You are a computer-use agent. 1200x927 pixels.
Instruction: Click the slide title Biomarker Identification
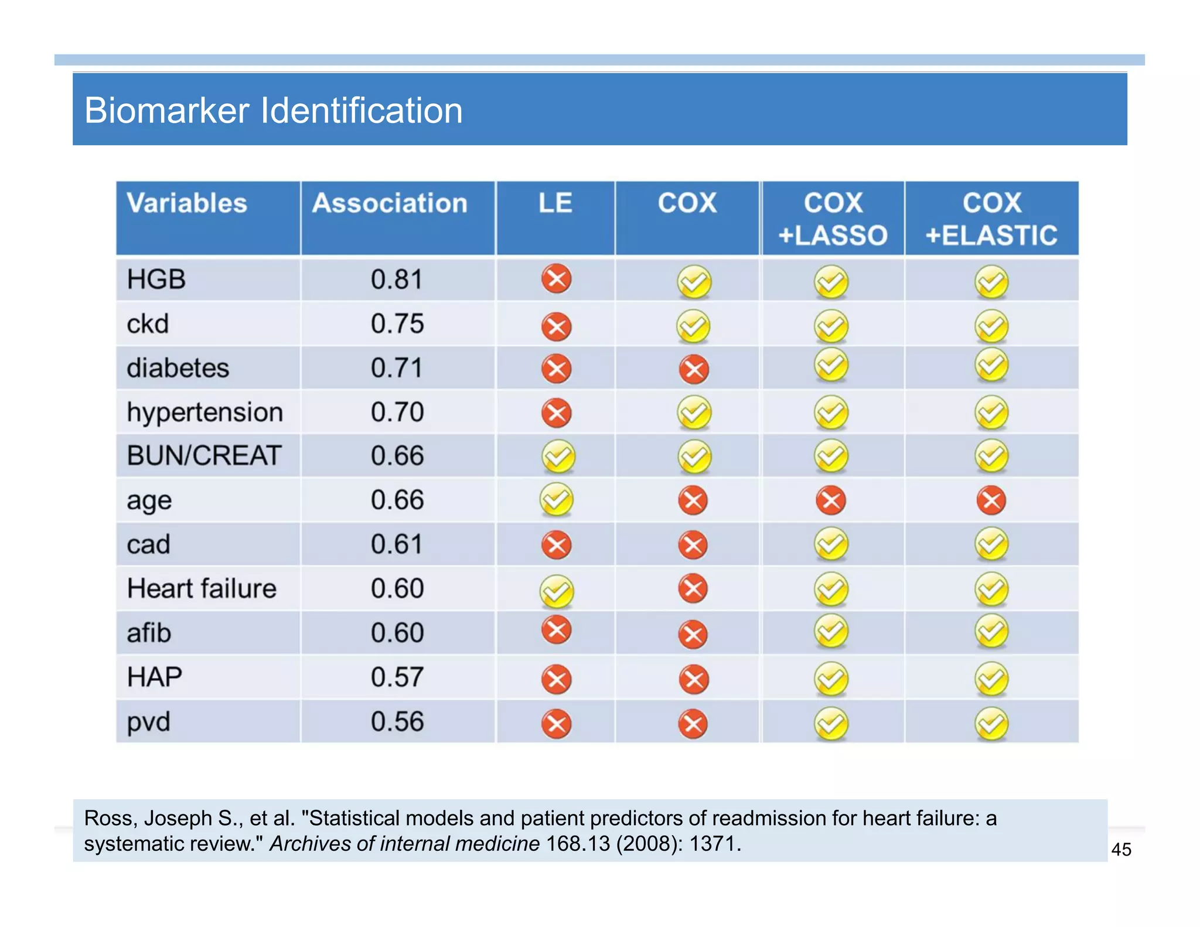[x=273, y=110]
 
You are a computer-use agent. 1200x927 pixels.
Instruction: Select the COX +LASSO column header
[x=832, y=219]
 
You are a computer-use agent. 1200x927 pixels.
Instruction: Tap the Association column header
[x=390, y=203]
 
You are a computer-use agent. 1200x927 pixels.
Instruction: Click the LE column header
[x=555, y=203]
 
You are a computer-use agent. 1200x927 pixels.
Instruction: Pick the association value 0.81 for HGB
[x=397, y=280]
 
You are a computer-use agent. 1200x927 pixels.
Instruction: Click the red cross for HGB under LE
[x=556, y=278]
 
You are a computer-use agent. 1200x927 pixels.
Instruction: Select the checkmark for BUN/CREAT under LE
[x=558, y=456]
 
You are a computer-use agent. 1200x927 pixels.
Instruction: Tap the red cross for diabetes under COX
[x=694, y=370]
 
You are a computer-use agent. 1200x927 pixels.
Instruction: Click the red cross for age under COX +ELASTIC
[x=991, y=500]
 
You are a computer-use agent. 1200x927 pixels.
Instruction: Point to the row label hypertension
[x=204, y=413]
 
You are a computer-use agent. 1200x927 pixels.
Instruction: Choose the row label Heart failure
[x=201, y=588]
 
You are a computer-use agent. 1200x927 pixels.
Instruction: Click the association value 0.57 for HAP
[x=397, y=677]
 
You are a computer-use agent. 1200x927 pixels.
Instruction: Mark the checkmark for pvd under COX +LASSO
[x=831, y=724]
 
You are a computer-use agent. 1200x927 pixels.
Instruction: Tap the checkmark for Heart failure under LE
[x=557, y=591]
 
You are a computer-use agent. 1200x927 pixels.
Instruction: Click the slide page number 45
[x=1121, y=850]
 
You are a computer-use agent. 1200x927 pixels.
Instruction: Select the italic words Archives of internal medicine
[x=404, y=844]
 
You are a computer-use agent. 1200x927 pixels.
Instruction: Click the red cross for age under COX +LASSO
[x=831, y=500]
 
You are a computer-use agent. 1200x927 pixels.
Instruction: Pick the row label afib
[x=149, y=633]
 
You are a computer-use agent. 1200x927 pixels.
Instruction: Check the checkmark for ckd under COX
[x=693, y=326]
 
